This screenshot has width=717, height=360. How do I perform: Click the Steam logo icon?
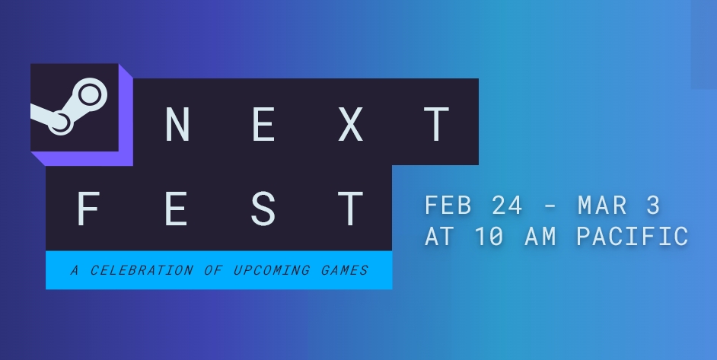(x=69, y=107)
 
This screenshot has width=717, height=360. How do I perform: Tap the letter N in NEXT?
(x=177, y=123)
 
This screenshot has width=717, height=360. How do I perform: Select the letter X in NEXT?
(x=350, y=123)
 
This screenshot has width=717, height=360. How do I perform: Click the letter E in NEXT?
(x=264, y=123)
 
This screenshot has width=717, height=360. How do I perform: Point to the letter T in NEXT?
(x=437, y=123)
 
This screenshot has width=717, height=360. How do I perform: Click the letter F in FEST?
(x=88, y=209)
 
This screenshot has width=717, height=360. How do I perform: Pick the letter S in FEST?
(x=263, y=209)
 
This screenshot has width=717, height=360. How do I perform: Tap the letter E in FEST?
(x=177, y=209)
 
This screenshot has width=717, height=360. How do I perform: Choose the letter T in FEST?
(x=350, y=209)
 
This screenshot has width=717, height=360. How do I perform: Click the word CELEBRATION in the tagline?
(x=142, y=270)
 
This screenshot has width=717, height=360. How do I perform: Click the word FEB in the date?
(x=448, y=205)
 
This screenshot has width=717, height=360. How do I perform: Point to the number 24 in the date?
(x=507, y=205)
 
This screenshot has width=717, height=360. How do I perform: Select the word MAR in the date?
(x=602, y=205)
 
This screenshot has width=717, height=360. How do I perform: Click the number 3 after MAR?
(x=653, y=205)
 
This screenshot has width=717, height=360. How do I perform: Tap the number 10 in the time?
(x=489, y=237)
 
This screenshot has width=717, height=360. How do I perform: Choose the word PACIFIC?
(x=633, y=237)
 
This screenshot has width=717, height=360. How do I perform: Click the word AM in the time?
(x=540, y=237)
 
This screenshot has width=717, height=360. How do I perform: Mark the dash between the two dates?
(x=551, y=207)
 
